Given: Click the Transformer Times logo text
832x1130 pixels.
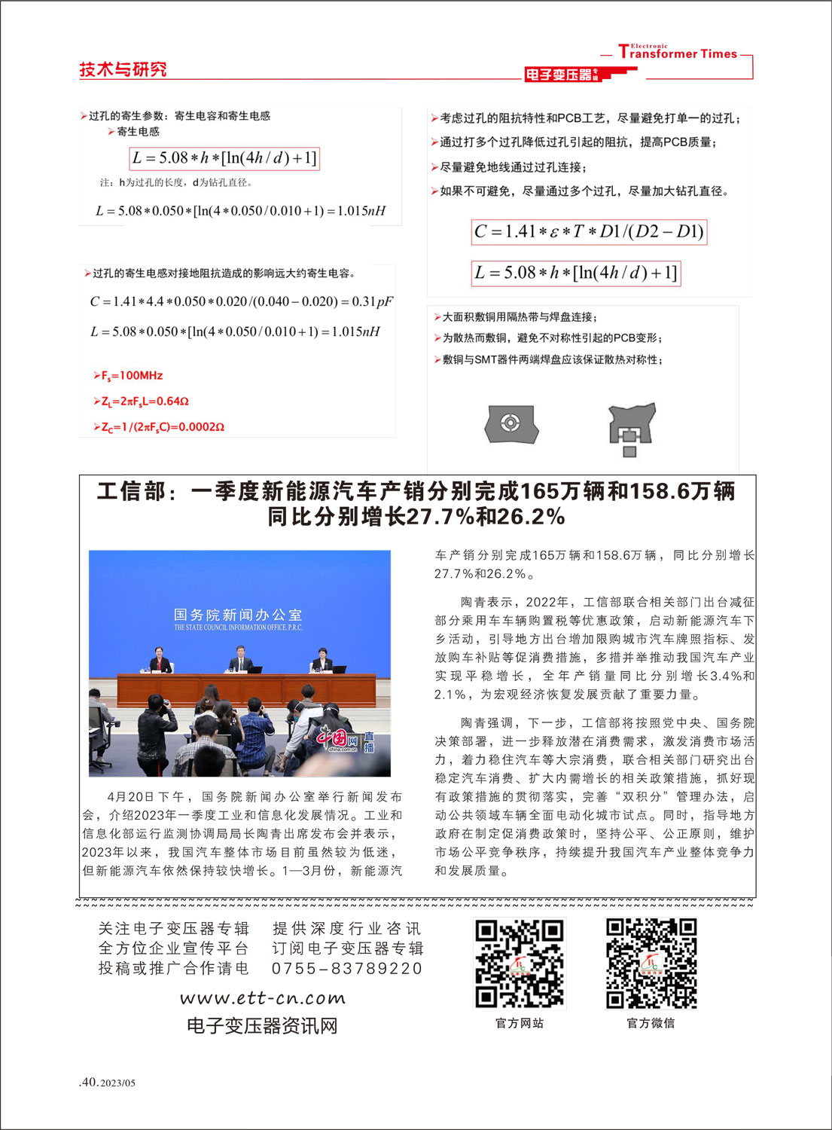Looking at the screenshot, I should [678, 53].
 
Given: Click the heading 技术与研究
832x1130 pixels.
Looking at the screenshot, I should [123, 69].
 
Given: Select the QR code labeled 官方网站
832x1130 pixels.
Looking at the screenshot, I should [519, 963].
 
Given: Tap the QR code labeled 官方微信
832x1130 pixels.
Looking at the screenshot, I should [651, 963].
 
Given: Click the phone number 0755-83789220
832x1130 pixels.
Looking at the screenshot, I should [347, 969].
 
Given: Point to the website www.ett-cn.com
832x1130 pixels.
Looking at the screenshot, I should [262, 999].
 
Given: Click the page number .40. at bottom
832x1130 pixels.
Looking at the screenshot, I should [89, 1083].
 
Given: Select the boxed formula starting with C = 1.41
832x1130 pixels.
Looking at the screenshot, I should [589, 232].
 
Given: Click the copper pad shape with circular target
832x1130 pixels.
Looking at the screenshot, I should [511, 423].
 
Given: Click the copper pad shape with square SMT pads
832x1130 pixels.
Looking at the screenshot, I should [631, 428].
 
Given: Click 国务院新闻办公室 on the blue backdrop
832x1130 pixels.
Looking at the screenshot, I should [237, 615].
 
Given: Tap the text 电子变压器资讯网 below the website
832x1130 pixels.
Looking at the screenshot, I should [262, 1026].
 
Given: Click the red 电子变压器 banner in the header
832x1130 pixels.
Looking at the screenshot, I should [561, 75].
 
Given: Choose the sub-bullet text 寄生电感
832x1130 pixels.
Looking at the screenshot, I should [138, 132].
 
